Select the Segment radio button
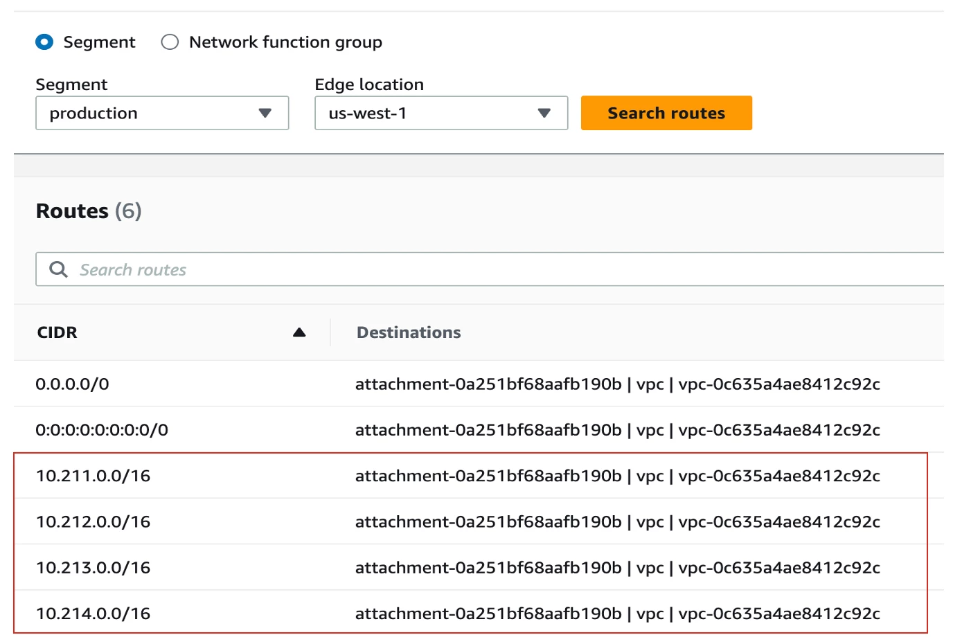point(44,42)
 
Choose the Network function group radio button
point(170,42)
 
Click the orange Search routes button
point(666,113)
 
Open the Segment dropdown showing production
point(162,113)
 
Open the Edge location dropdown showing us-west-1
point(441,113)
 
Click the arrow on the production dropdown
point(265,113)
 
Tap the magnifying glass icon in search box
point(58,269)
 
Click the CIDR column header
point(57,332)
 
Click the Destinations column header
point(409,332)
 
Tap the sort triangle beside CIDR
point(299,332)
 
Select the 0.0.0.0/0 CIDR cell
point(72,384)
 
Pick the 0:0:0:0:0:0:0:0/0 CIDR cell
point(102,430)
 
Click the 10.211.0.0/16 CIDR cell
point(93,476)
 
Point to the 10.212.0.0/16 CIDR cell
point(93,522)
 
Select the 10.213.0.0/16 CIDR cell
point(93,568)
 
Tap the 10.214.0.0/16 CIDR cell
point(93,614)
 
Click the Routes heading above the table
point(72,211)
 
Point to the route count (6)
point(128,211)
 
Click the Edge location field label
point(369,84)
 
